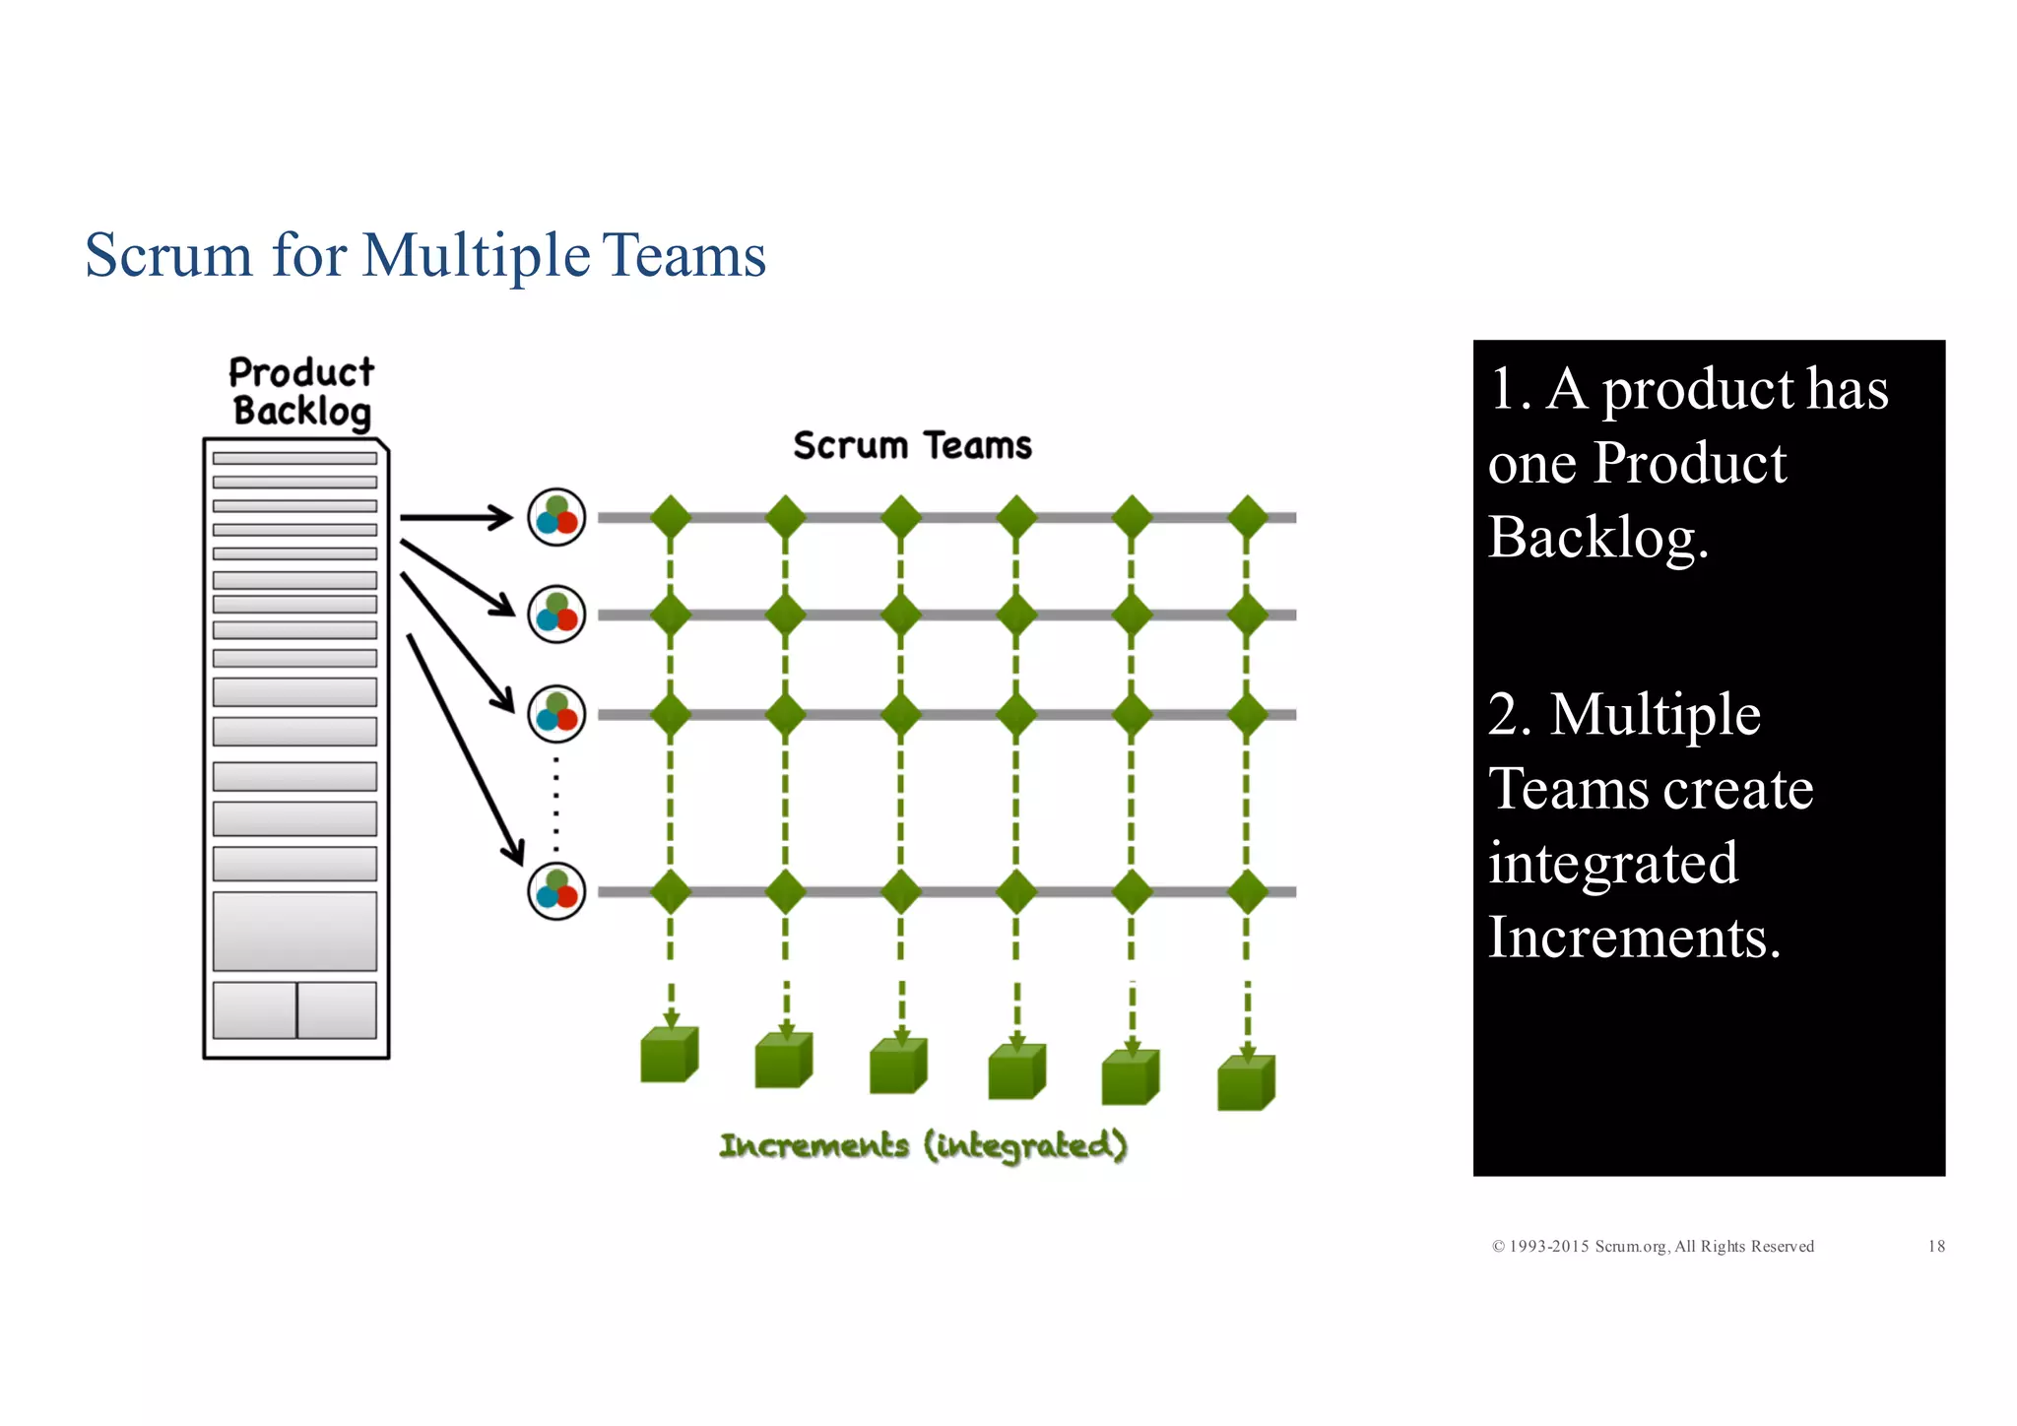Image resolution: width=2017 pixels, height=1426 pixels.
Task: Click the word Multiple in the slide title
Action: pos(476,256)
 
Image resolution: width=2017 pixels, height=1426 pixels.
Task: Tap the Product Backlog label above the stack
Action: pos(301,392)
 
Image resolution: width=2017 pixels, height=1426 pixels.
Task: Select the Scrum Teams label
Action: pos(912,446)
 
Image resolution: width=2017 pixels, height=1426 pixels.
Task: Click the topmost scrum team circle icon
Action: pos(556,517)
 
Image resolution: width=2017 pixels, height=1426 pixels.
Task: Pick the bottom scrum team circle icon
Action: pos(556,891)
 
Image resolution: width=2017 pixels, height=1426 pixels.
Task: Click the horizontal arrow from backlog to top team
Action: pos(455,517)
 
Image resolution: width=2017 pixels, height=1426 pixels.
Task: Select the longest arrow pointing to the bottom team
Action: pos(464,748)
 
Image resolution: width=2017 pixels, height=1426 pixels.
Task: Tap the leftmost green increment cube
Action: pos(669,1056)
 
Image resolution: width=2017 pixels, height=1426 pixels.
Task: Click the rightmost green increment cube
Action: pos(1246,1083)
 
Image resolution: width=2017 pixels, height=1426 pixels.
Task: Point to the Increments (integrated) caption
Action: pos(923,1145)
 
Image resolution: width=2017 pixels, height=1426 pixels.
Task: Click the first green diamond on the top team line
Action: pos(671,517)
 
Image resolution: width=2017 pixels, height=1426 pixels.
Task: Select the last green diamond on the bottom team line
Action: pos(1248,891)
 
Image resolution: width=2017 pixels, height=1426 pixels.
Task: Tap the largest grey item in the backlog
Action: pos(294,932)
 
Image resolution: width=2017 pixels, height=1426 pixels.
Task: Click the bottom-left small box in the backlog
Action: pos(254,1009)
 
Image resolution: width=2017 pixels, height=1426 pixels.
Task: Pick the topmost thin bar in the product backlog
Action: pos(294,458)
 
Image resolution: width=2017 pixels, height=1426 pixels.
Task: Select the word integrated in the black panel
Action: pos(1612,863)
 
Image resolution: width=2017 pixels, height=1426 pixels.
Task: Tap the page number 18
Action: pos(1935,1246)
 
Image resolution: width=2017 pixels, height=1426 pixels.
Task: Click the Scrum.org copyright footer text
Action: pos(1653,1246)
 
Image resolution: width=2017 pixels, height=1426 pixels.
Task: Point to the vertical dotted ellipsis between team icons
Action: pos(556,803)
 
